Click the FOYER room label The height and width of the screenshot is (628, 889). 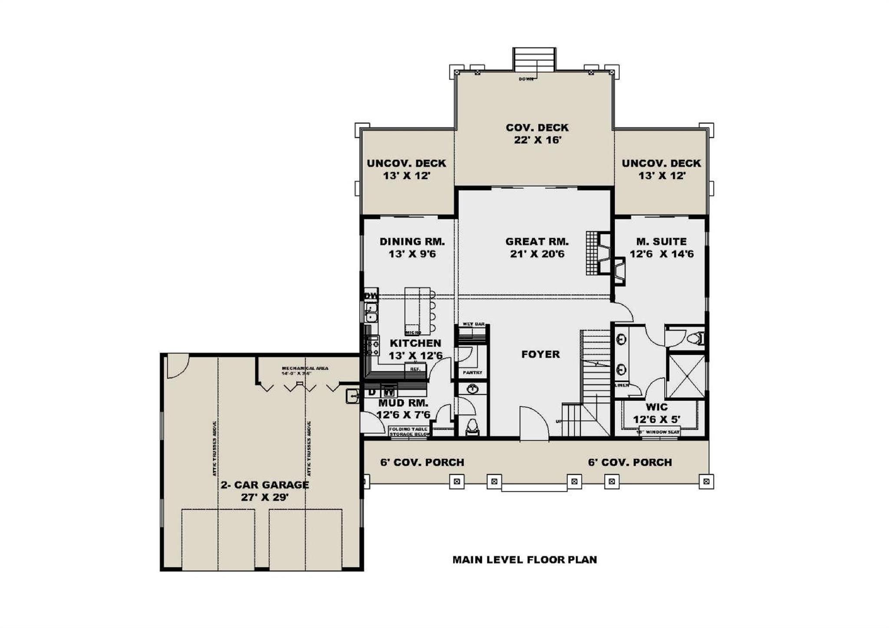(540, 355)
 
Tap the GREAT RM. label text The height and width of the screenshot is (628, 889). (537, 242)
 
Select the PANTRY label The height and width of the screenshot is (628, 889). (472, 372)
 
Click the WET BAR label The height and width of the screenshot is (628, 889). (473, 324)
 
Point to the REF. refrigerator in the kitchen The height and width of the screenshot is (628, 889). (415, 369)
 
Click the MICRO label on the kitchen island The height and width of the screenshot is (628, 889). (413, 332)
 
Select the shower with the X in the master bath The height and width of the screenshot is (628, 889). (686, 376)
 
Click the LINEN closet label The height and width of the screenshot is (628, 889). (622, 385)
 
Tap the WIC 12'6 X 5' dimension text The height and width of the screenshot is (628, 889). (656, 420)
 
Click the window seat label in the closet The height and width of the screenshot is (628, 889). (658, 432)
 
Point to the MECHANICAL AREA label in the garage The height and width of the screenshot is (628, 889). (305, 368)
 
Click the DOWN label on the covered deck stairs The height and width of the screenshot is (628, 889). (526, 79)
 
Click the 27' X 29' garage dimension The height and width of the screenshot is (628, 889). (265, 497)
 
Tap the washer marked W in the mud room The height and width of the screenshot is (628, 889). (390, 392)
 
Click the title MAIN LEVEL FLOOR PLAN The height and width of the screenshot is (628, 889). (524, 560)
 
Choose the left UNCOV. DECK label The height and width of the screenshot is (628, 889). (406, 164)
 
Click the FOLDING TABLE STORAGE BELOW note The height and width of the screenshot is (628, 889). (409, 431)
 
